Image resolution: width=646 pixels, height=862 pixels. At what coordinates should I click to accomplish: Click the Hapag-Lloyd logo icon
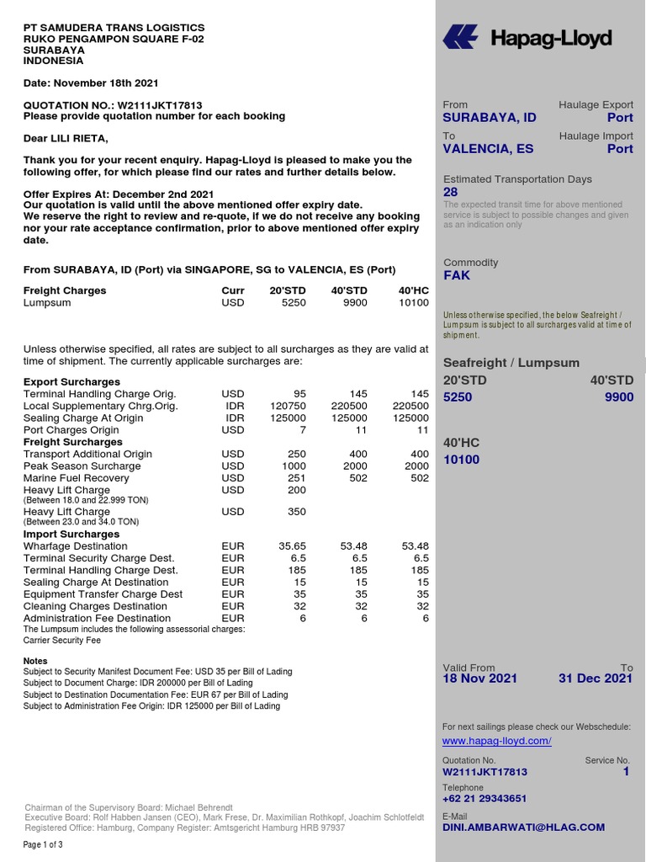point(460,38)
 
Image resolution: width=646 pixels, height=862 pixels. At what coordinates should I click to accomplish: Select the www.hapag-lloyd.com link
point(496,741)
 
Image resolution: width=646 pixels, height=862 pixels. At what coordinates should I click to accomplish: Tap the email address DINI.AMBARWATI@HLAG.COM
point(523,827)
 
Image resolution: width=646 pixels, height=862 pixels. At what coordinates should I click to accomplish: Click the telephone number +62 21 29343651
point(484,799)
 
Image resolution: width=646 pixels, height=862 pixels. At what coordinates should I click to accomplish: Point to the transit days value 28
point(451,192)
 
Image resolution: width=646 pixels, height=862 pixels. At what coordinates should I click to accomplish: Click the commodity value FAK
point(457,275)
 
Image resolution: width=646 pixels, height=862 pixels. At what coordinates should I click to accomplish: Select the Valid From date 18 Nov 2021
point(480,678)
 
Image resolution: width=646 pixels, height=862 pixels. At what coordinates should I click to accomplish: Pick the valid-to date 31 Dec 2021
point(596,678)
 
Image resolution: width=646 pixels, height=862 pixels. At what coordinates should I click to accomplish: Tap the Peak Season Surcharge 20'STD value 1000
point(293,466)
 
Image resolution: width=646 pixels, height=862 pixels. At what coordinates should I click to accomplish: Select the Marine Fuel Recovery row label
point(77,478)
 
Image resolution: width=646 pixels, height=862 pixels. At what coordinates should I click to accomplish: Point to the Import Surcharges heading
point(71,535)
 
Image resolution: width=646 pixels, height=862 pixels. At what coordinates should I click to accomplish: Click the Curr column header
point(233,291)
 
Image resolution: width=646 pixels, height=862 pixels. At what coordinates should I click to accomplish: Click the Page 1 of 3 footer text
point(43,845)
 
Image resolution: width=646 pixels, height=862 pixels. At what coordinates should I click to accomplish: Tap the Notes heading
point(35,661)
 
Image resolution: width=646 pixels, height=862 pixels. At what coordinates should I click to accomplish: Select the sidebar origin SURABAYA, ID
point(490,118)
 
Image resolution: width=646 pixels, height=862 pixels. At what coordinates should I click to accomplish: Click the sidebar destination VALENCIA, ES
point(488,149)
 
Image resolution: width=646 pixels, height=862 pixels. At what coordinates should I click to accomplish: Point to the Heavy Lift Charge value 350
point(296,511)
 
